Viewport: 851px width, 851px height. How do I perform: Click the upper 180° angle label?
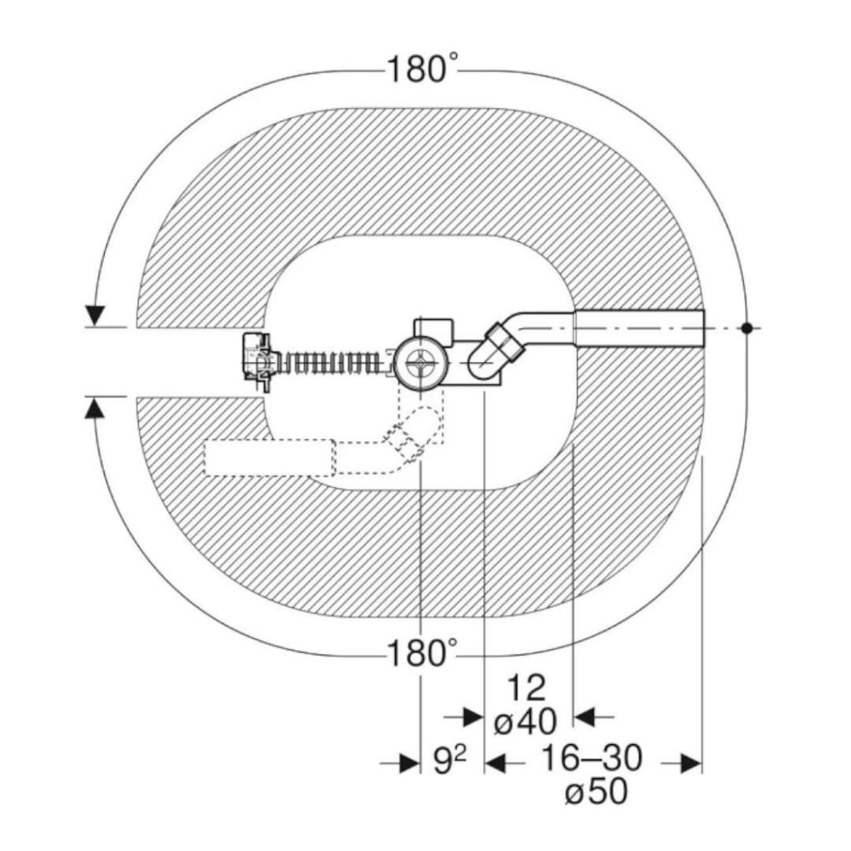coord(422,69)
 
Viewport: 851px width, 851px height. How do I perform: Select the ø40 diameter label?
coord(525,722)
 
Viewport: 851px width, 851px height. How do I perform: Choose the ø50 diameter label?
coord(596,791)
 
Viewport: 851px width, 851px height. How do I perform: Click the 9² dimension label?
coord(450,761)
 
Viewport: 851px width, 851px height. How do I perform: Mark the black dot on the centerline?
coord(747,327)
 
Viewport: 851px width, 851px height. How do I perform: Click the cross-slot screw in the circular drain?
coord(420,362)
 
